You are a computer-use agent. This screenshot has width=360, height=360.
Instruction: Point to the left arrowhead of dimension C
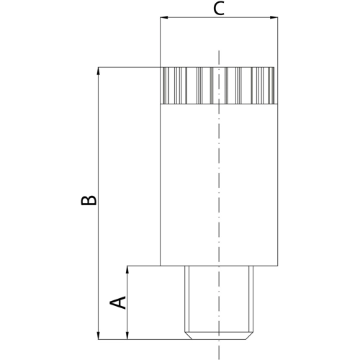(163, 17)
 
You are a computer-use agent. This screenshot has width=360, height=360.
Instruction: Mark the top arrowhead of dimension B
(99, 71)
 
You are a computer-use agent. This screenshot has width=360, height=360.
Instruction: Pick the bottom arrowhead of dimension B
(99, 335)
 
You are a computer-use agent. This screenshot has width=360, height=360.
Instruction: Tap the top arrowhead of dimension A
(128, 269)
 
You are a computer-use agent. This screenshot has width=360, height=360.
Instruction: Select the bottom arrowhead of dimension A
(128, 335)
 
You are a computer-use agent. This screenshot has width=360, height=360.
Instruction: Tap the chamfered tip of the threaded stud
(218, 334)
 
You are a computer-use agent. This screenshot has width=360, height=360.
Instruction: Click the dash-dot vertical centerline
(218, 180)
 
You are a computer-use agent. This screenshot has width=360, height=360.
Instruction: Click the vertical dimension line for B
(99, 144)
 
